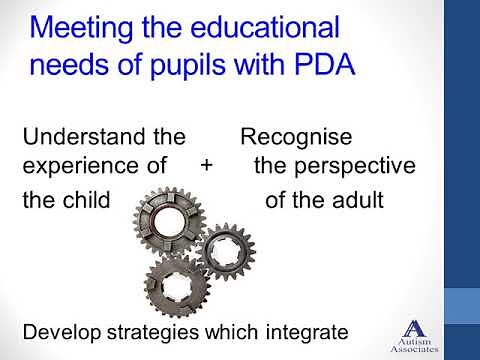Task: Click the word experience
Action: click(x=79, y=166)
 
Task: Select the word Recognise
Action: click(x=296, y=135)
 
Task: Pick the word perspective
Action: click(x=337, y=166)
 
